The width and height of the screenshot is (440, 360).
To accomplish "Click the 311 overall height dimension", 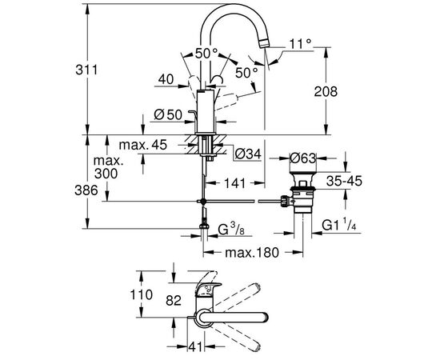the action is [x=86, y=70].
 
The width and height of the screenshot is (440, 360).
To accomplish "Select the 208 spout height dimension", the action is [x=326, y=92].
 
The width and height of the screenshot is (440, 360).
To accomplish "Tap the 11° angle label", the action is [x=299, y=44].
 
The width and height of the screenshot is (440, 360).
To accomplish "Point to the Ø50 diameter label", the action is [x=168, y=114].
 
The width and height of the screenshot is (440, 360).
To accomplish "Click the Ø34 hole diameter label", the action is [x=248, y=154].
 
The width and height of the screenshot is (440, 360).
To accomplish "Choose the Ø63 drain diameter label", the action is [x=302, y=158].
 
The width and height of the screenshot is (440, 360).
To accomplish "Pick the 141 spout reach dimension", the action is [x=235, y=183].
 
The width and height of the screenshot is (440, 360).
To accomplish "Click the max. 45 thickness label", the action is [x=143, y=145].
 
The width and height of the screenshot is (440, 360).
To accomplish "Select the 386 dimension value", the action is [x=86, y=191].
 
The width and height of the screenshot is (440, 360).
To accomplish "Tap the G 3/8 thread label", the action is [x=231, y=230].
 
